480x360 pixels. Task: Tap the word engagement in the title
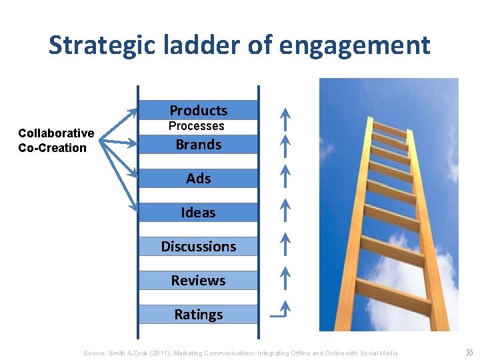click(x=355, y=45)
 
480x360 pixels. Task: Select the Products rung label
click(x=198, y=110)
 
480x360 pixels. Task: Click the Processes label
click(x=196, y=126)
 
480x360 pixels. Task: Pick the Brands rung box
click(x=198, y=144)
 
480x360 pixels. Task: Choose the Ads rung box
click(x=198, y=178)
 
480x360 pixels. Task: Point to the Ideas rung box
click(x=198, y=212)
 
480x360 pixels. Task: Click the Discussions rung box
click(x=198, y=246)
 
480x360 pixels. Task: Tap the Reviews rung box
click(x=198, y=280)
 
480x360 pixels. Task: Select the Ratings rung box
click(x=198, y=314)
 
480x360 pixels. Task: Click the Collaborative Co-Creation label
click(x=56, y=140)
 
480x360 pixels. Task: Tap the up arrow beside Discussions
click(x=285, y=243)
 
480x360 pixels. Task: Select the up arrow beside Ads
click(x=285, y=175)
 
